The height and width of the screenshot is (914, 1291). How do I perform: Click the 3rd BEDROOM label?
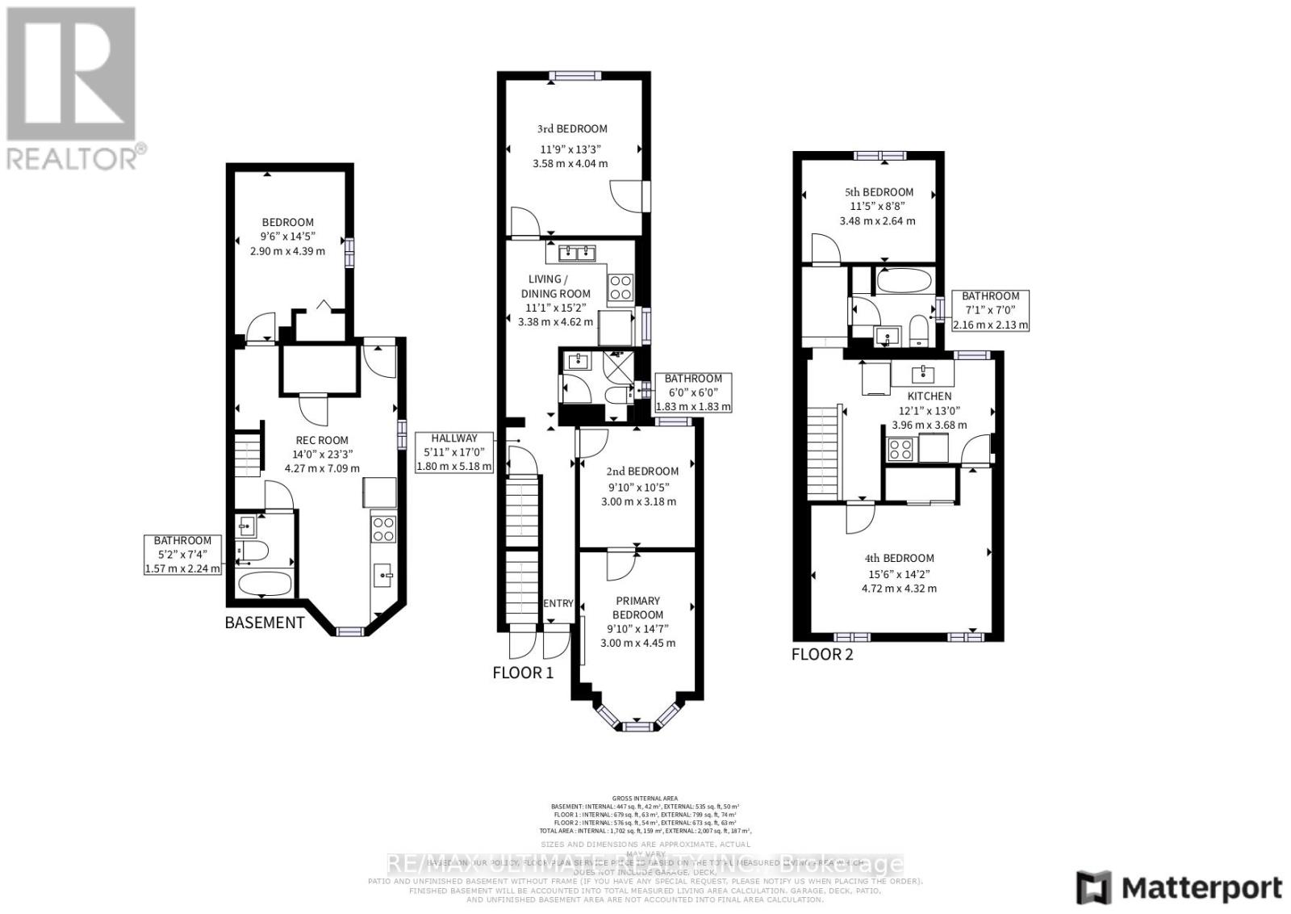pos(572,128)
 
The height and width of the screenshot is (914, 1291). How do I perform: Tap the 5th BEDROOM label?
pos(879,192)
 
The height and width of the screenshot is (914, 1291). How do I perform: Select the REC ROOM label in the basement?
pos(322,440)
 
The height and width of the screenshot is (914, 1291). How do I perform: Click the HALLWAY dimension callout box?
pos(453,452)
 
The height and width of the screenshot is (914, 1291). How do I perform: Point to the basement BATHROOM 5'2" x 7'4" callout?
pos(182,554)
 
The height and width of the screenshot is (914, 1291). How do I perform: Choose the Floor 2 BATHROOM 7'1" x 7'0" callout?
pos(990,310)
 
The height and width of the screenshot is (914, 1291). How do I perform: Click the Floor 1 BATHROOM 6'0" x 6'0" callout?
pos(693,392)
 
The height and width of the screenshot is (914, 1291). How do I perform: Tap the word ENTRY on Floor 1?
pos(558,603)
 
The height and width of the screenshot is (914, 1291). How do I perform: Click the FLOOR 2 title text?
pos(821,654)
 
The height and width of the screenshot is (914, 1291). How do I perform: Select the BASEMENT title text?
pos(265,623)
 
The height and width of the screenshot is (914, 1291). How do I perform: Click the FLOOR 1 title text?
pos(523,672)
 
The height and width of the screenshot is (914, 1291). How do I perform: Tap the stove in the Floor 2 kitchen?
pos(900,449)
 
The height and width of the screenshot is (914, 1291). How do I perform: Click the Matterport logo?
pos(1180,887)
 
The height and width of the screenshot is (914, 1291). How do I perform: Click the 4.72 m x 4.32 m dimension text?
pos(899,588)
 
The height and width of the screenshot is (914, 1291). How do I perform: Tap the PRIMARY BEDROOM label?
pos(637,607)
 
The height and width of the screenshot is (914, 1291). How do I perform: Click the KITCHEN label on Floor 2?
pos(930,396)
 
